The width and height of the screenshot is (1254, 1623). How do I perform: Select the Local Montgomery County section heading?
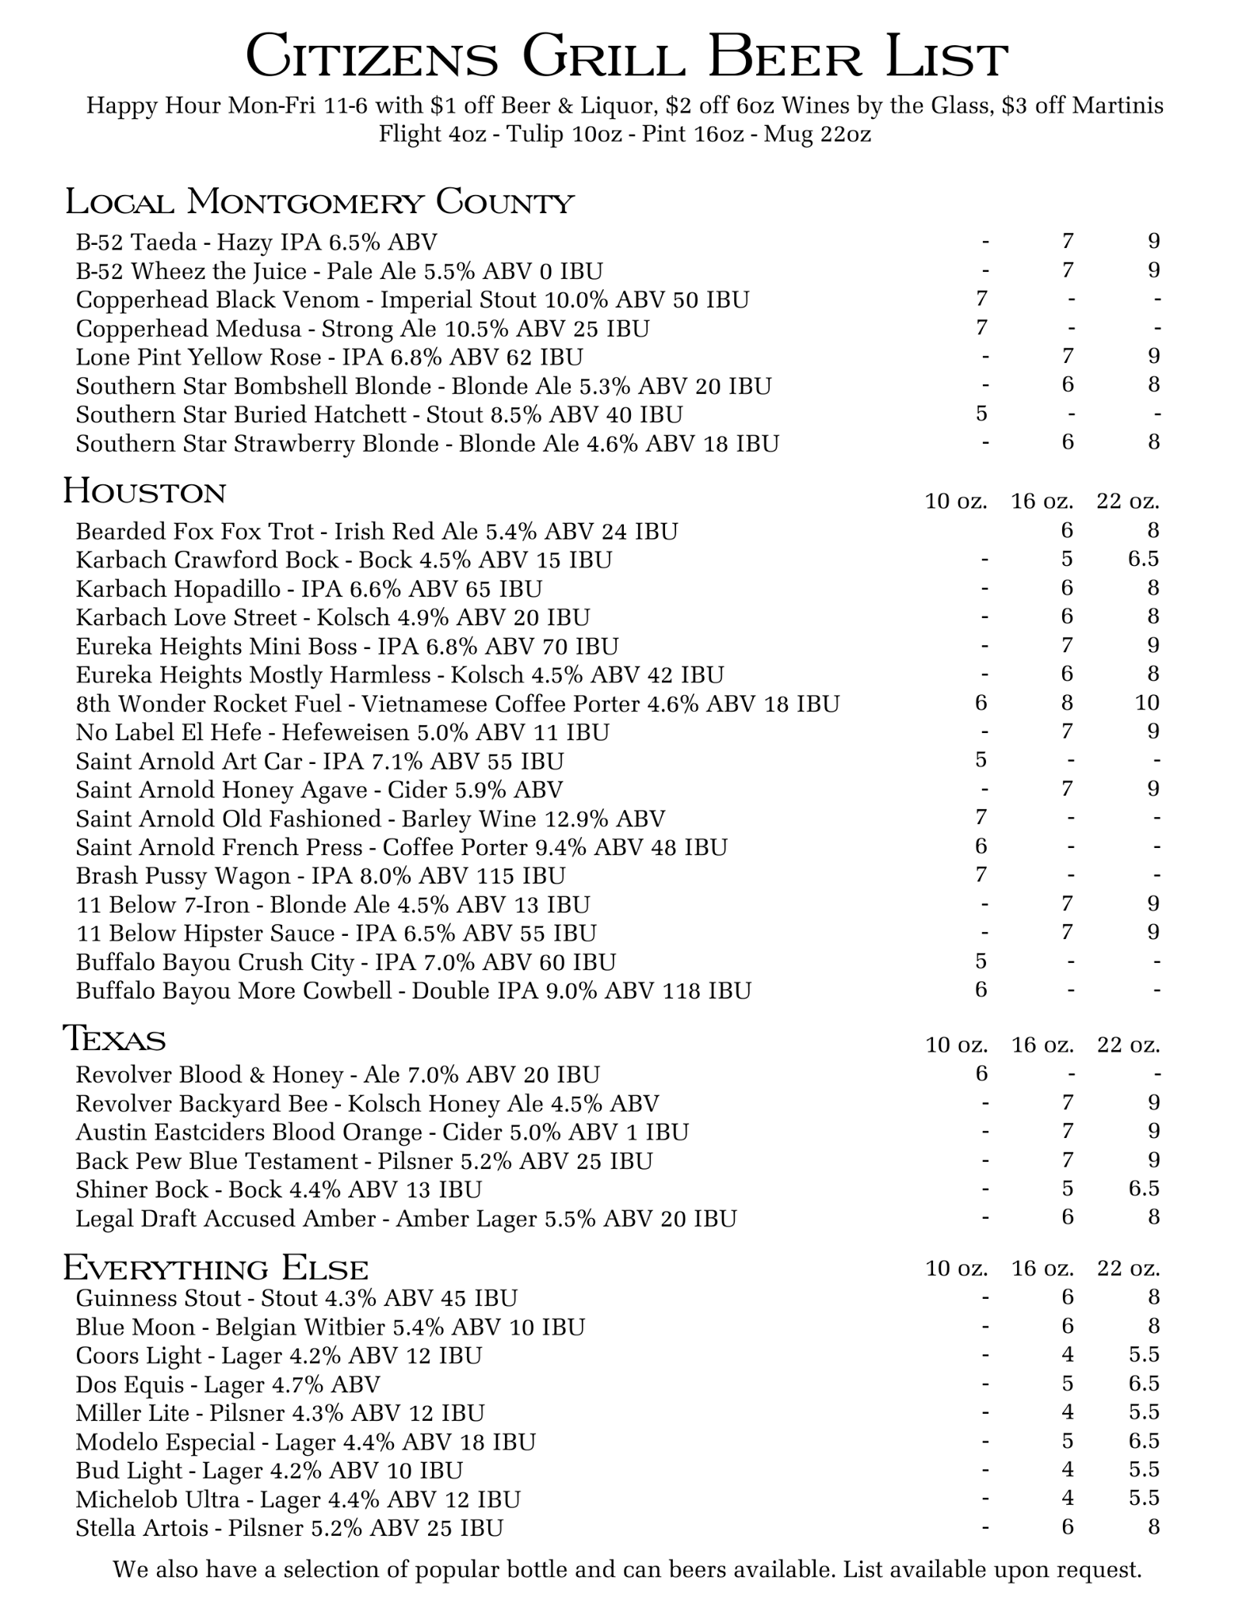click(319, 202)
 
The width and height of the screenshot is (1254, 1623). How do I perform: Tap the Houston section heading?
click(144, 491)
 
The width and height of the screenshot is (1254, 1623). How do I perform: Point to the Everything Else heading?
click(216, 1268)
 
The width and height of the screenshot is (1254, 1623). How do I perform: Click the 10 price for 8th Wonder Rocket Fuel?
click(1147, 703)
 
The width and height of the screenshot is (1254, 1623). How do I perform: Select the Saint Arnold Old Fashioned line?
click(370, 818)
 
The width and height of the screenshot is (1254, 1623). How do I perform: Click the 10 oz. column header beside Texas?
click(957, 1045)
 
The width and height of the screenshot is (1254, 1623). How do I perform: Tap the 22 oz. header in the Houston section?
click(1128, 501)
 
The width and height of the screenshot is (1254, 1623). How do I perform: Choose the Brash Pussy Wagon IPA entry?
click(320, 876)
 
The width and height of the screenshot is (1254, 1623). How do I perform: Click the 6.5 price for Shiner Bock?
click(1143, 1189)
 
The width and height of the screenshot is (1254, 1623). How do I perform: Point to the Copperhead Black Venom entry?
click(412, 300)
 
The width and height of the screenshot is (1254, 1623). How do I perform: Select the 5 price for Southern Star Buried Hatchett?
click(981, 414)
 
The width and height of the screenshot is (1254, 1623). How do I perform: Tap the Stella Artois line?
click(289, 1527)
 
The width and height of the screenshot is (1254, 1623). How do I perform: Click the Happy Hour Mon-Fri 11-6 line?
click(625, 105)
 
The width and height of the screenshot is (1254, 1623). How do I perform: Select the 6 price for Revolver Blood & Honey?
click(981, 1074)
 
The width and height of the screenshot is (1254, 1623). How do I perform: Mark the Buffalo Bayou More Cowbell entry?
click(413, 991)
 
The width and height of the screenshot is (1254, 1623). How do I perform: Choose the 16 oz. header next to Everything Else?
click(1042, 1269)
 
